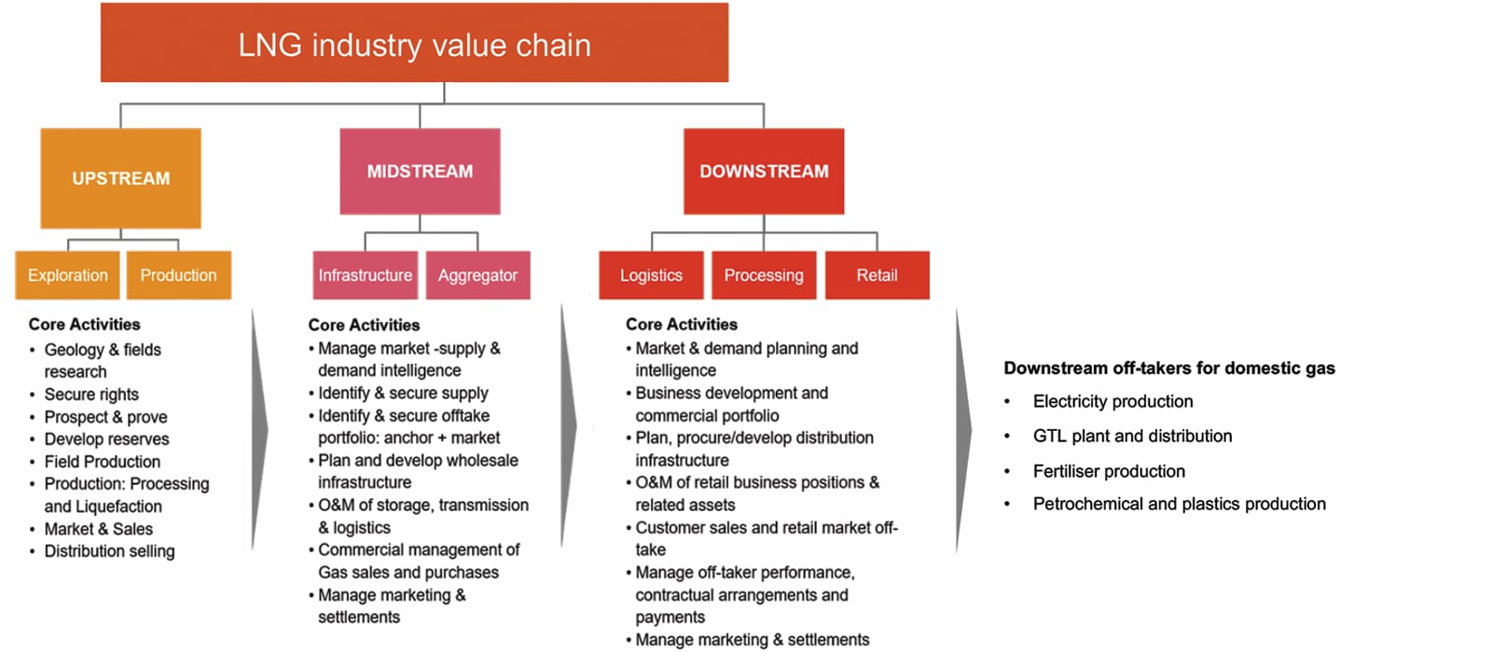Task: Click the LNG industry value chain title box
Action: coord(414,44)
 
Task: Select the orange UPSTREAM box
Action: coord(120,178)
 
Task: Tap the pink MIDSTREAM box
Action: coord(420,172)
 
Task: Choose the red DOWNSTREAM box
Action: coord(764,172)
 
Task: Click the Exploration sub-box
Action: coord(67,275)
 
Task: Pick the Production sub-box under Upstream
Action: coord(178,275)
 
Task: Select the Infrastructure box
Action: coord(365,275)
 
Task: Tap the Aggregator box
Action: coord(477,275)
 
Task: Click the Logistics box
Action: coord(651,275)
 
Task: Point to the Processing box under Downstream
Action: coord(764,275)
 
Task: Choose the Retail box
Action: coord(877,275)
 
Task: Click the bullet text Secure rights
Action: coord(91,395)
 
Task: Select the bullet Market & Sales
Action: coord(98,529)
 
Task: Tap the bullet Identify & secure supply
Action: coord(403,393)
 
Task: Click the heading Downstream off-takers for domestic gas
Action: coord(1168,368)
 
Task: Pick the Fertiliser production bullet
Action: coord(1109,471)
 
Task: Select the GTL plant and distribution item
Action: coord(1132,436)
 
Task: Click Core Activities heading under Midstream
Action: coord(364,325)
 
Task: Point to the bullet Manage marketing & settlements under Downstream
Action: coord(752,640)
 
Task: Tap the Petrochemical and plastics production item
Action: coord(1179,504)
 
